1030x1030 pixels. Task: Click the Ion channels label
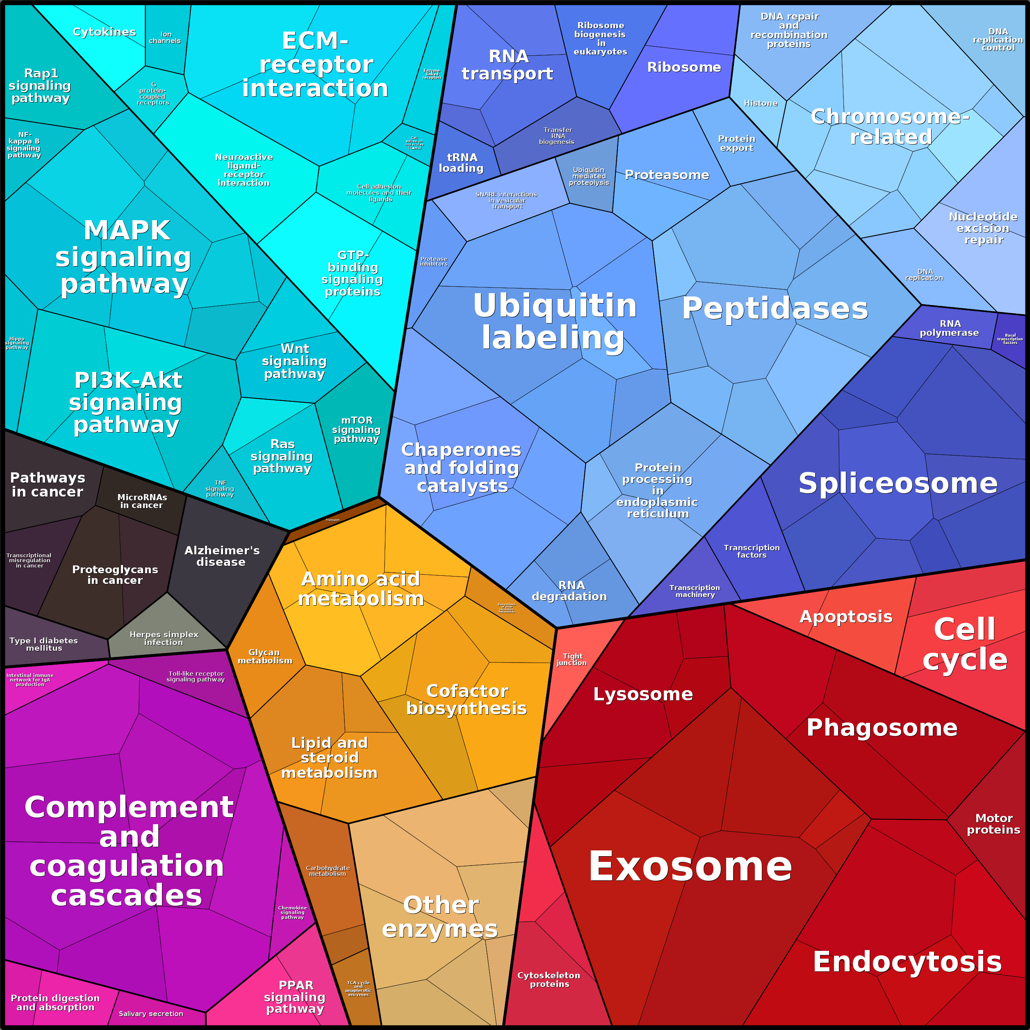coord(165,37)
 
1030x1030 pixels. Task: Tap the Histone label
coord(761,103)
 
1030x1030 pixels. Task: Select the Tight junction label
coord(572,659)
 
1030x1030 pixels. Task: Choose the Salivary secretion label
coord(151,1014)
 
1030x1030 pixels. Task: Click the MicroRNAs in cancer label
coord(142,501)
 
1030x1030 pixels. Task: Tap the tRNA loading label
coord(462,163)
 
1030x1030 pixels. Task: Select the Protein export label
coord(737,144)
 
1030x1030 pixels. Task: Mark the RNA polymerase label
coord(950,328)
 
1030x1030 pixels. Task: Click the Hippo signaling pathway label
coord(17,343)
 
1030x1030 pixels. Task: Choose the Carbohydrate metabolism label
coord(328,870)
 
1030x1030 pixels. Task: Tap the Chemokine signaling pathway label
coord(293,912)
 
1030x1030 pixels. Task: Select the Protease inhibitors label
coord(433,261)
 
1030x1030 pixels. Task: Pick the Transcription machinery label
coord(695,591)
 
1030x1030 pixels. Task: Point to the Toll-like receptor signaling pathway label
coord(196,677)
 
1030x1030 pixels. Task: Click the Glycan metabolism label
coord(265,656)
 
